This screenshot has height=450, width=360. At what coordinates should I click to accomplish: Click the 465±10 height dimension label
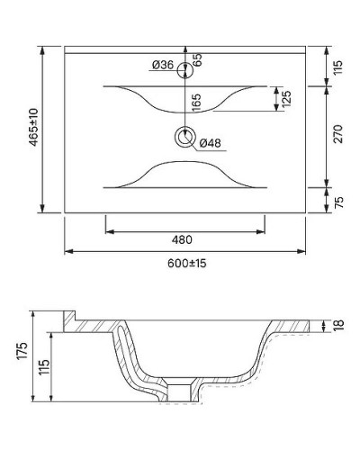pos(33,128)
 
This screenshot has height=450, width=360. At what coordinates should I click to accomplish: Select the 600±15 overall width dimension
pos(186,264)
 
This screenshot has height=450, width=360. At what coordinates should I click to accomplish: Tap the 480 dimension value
pos(186,240)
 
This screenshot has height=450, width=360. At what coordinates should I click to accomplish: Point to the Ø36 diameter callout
pos(163,64)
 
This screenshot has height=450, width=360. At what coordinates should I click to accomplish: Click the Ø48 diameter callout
pos(210,142)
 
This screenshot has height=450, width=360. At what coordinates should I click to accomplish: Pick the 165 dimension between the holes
pos(196,103)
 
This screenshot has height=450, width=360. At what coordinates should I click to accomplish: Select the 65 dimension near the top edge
pos(196,59)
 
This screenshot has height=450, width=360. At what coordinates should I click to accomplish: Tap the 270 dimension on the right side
pos(339,135)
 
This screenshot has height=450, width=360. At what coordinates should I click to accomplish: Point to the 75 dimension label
pos(339,201)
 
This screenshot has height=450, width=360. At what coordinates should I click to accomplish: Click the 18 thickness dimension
pos(339,326)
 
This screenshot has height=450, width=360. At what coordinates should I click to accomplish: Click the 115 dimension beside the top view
pos(339,68)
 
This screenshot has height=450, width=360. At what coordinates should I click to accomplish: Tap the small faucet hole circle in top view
pos(185,67)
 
